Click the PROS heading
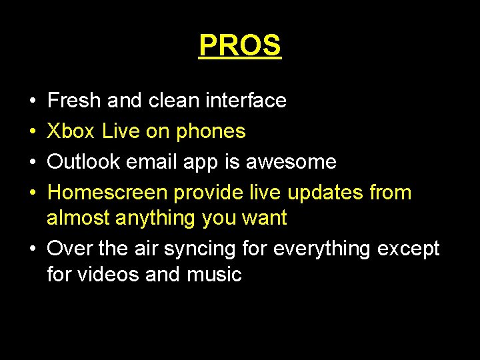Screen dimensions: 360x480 click(240, 45)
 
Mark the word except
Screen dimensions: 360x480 click(409, 249)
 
